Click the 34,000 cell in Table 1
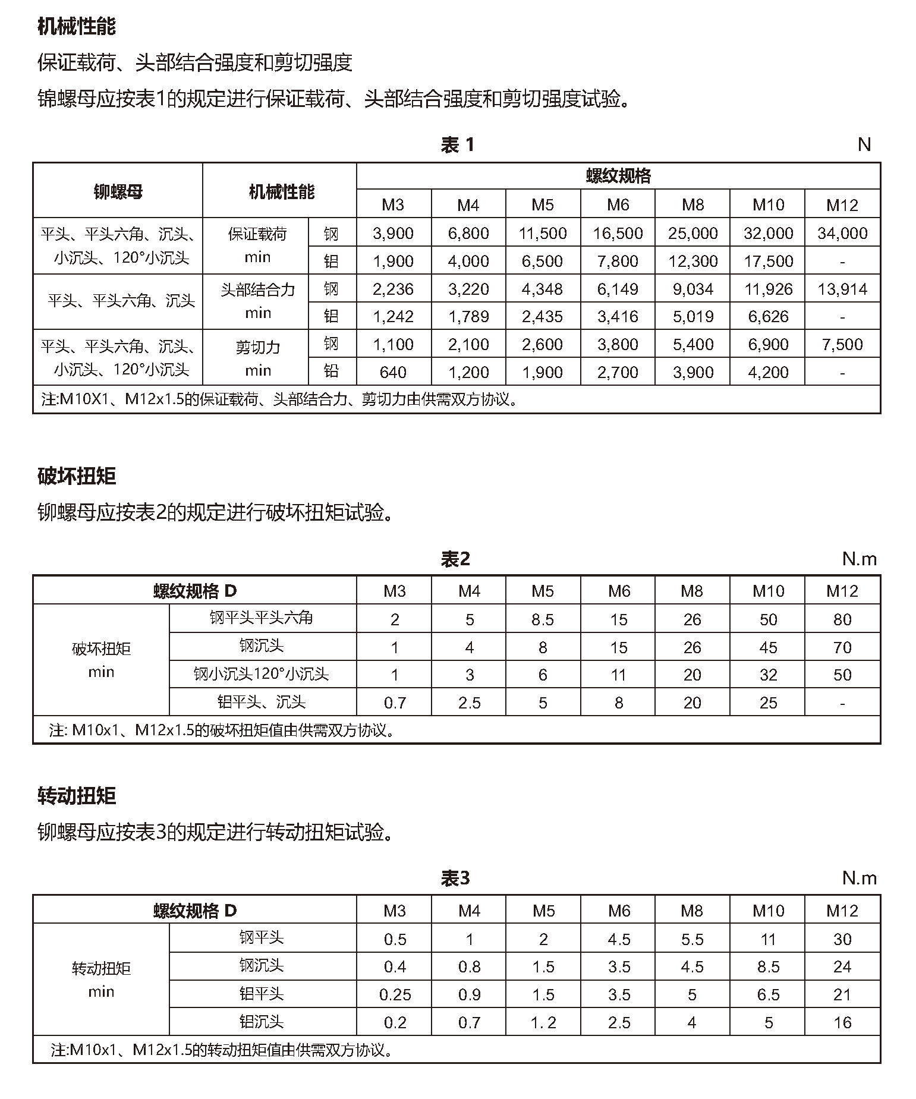click(842, 234)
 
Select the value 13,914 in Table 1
click(842, 289)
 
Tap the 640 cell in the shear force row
click(393, 373)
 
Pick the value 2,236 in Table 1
click(393, 289)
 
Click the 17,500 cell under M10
click(768, 262)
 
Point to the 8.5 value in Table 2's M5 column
click(542, 620)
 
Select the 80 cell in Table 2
click(842, 620)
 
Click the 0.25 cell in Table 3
click(395, 995)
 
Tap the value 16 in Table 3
click(842, 1023)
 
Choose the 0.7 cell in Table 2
click(395, 703)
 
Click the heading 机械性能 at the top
click(77, 26)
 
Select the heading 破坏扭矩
click(77, 476)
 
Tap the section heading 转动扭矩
click(77, 795)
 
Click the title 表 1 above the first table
click(457, 144)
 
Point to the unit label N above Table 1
click(864, 144)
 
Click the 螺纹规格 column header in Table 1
click(618, 176)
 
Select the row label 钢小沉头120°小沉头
click(262, 675)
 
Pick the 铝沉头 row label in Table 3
click(262, 1022)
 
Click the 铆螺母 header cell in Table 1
click(118, 191)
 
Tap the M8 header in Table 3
click(692, 911)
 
